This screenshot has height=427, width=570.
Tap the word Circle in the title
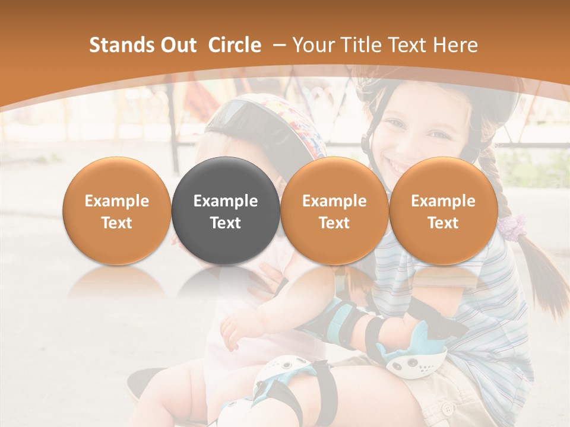[235, 45]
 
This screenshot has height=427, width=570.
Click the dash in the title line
[277, 45]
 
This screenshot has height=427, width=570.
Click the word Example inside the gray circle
[226, 201]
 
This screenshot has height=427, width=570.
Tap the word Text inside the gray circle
[226, 223]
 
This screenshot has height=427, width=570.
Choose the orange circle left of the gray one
[116, 211]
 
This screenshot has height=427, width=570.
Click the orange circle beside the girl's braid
[443, 211]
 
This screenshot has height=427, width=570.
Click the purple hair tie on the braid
[512, 225]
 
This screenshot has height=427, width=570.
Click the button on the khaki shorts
[448, 409]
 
